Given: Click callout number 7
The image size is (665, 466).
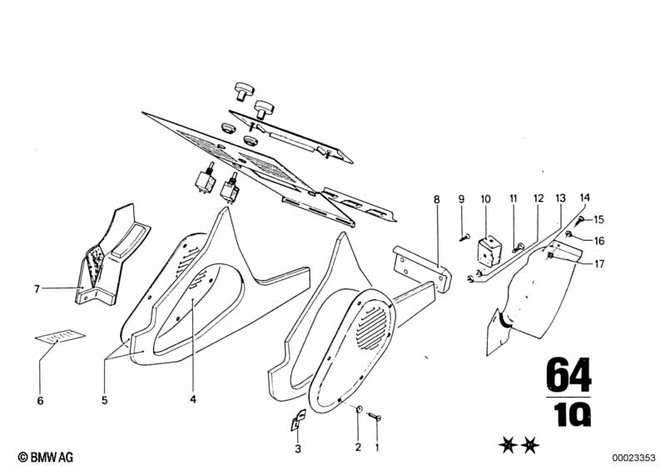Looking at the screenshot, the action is (x=37, y=289).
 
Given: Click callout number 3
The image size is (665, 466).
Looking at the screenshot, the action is (x=298, y=448).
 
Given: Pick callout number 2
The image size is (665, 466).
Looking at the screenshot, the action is (x=358, y=448).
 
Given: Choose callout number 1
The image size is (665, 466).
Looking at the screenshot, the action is (x=377, y=448).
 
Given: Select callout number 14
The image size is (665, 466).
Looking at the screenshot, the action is (x=585, y=198).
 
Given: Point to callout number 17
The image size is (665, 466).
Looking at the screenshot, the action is (x=599, y=265).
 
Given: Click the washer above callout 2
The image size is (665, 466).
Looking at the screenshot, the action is (x=358, y=408).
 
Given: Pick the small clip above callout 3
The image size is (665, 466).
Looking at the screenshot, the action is (x=296, y=421).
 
